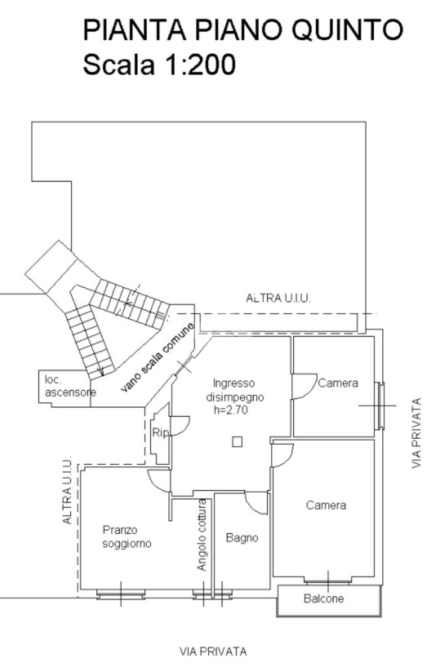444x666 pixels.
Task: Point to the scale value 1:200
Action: tap(199, 64)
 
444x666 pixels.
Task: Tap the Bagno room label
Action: tap(242, 538)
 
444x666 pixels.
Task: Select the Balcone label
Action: tap(324, 598)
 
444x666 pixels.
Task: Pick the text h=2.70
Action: tap(230, 410)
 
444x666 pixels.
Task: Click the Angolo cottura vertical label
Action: tap(202, 534)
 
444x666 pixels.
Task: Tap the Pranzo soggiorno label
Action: tap(127, 536)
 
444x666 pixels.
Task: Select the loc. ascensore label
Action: tap(70, 386)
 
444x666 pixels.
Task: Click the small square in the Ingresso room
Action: tap(237, 442)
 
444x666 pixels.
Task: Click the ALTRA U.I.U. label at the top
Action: tap(278, 298)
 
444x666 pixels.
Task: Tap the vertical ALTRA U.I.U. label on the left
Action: tap(67, 492)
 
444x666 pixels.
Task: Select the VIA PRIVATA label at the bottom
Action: tap(213, 651)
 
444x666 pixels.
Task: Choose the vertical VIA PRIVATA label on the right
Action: tap(417, 433)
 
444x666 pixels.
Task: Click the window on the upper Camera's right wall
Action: tap(380, 406)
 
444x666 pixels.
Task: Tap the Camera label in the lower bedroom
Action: tap(326, 505)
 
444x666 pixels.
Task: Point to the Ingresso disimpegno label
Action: tap(235, 390)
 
